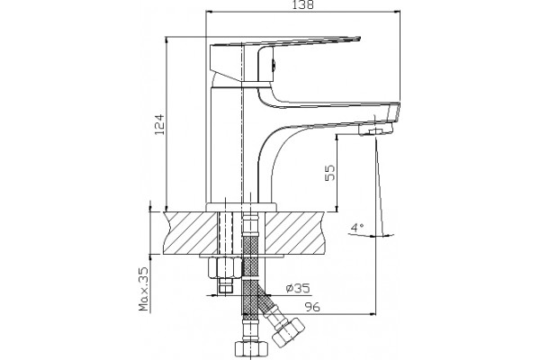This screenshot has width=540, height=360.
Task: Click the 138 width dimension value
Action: pos(303,4)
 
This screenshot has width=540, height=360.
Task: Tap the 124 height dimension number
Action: pos(160,124)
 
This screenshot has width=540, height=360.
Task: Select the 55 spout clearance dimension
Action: pos(329,173)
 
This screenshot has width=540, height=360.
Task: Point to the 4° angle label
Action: pos(357,228)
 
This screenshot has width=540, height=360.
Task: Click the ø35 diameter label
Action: pos(298,288)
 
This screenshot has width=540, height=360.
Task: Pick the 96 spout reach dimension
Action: pos(312,307)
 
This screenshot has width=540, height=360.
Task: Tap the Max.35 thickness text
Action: pos(144,290)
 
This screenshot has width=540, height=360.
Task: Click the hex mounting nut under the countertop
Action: pos(225,267)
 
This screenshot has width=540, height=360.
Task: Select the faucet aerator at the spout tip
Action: pos(375,130)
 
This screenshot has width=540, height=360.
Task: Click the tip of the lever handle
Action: pos(359,38)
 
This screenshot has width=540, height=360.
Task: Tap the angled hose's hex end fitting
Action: pos(287,331)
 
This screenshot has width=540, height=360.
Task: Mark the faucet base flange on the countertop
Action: pos(241,207)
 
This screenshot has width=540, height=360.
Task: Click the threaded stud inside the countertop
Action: pos(225,233)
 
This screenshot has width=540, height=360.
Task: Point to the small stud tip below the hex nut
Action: pos(225,286)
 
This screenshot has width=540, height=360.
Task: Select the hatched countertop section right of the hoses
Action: pos(295,233)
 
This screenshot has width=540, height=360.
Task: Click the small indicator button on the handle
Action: pos(274,64)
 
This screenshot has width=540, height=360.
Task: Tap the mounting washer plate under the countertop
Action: pos(241,256)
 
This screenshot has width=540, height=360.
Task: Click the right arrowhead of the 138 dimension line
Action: pos(398,12)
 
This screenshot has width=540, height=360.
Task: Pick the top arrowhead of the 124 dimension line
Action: pos(166,40)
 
